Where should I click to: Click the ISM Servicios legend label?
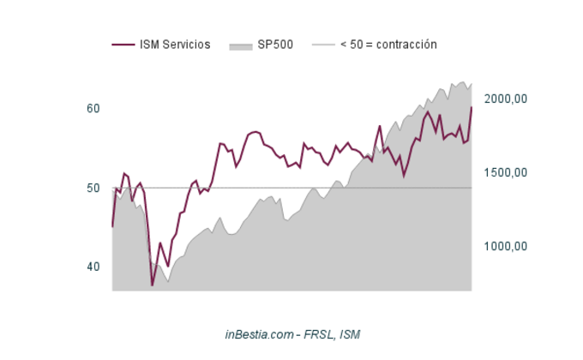click(x=175, y=45)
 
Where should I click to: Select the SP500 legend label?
click(x=275, y=45)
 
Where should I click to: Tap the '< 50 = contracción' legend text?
click(x=388, y=45)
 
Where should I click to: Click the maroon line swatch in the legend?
click(x=123, y=45)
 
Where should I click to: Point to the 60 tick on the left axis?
click(x=93, y=109)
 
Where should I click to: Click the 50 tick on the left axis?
click(x=93, y=188)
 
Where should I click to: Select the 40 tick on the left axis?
click(x=93, y=267)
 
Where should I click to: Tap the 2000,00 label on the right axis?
click(x=505, y=99)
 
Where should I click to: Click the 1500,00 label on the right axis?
click(x=505, y=172)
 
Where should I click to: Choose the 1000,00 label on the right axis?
click(x=505, y=246)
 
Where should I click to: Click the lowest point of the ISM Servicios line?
click(x=153, y=285)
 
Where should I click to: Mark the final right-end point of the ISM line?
click(x=472, y=107)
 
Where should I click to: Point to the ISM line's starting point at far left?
click(x=112, y=227)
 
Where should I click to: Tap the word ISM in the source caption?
click(x=350, y=334)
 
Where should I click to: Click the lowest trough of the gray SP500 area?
click(x=168, y=281)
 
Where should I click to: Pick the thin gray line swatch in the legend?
click(x=322, y=45)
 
